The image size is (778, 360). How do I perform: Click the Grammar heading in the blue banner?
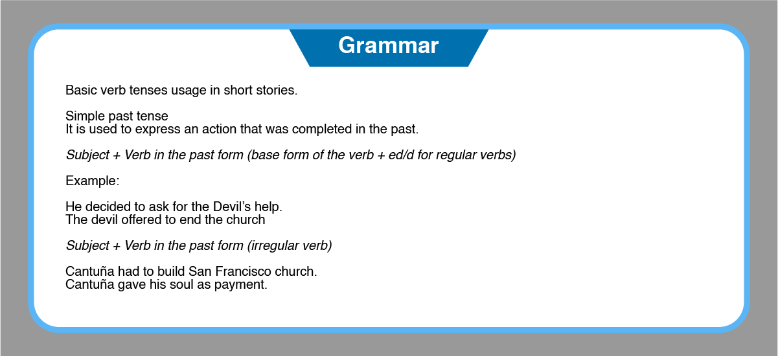point(388,45)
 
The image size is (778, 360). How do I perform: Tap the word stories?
point(277,90)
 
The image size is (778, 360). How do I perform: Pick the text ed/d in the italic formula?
point(401,155)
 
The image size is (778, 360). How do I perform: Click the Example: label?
point(93,181)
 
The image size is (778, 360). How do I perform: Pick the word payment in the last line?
point(240,285)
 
